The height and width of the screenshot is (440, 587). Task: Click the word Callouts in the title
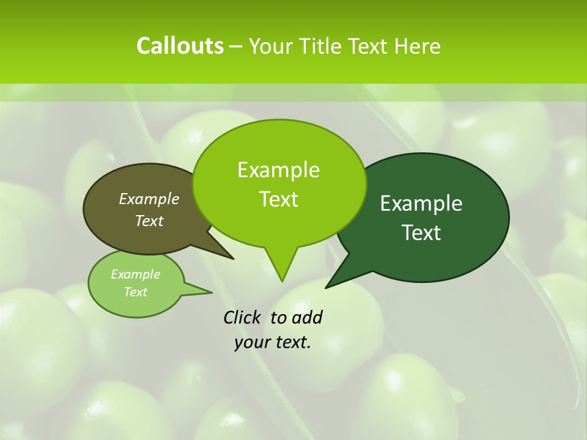(x=180, y=46)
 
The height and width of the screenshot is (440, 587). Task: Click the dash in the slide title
(x=237, y=46)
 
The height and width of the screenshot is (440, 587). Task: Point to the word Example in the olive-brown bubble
(x=149, y=199)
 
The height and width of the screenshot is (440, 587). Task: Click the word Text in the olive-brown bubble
(x=149, y=221)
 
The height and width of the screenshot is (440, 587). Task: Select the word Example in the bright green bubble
(x=278, y=170)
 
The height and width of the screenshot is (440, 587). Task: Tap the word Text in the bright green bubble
(x=278, y=199)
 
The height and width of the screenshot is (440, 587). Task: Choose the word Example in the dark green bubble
(x=421, y=204)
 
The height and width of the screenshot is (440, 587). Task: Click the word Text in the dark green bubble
(x=421, y=233)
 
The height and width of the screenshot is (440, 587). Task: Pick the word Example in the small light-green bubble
(x=135, y=274)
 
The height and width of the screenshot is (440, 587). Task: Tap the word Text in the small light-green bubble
(x=135, y=292)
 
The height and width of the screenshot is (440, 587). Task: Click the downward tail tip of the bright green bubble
(x=282, y=281)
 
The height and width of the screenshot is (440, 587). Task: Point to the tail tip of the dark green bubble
(x=326, y=287)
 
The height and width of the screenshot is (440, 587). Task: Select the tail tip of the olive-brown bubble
(x=233, y=258)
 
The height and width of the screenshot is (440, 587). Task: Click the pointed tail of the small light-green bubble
(x=212, y=292)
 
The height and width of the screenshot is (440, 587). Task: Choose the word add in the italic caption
(x=307, y=318)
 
